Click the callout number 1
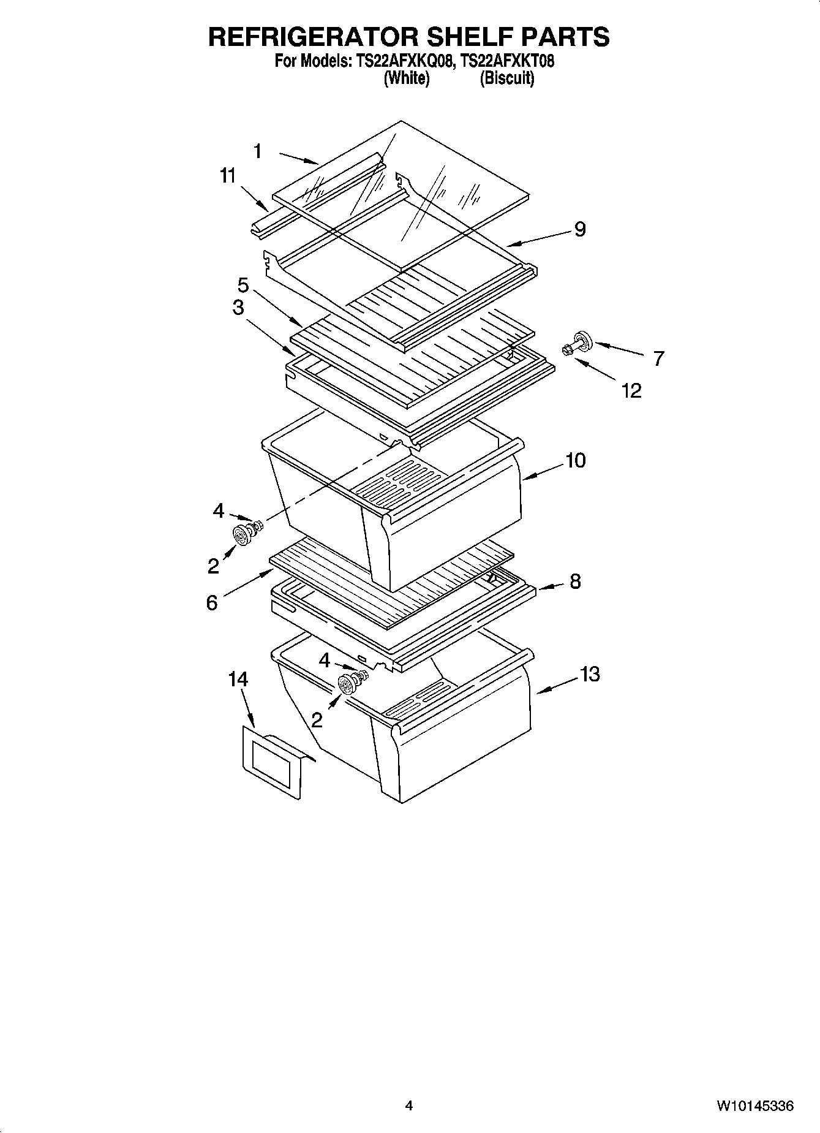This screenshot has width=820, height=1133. point(258,151)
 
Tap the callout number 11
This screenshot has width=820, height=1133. point(227,176)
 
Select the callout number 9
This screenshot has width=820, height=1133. point(579,229)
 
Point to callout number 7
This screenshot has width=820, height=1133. point(658,358)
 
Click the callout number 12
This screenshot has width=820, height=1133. point(631,390)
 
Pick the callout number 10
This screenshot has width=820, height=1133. point(575,460)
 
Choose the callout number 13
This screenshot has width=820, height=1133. point(590,675)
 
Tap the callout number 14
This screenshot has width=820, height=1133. point(238,679)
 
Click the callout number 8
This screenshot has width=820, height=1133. point(575,582)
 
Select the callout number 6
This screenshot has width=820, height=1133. point(211,603)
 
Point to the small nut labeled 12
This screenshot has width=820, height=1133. point(566,351)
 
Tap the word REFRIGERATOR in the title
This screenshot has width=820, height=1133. point(309,37)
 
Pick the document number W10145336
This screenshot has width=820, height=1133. point(756,1106)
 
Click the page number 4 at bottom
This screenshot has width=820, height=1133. point(409,1106)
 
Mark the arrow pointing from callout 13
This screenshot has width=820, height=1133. point(557,685)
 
